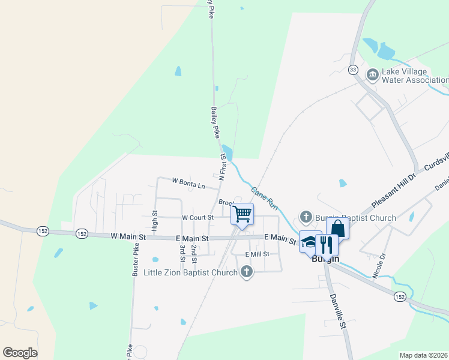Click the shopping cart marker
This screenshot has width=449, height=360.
243,214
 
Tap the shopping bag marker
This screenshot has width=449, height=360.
338,228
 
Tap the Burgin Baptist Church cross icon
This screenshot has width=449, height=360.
306,217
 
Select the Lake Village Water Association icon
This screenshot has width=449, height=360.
372,74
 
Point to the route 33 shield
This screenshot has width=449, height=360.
353,70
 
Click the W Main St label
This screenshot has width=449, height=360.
128,237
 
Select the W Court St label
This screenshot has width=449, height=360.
197,217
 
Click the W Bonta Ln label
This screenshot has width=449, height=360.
188,182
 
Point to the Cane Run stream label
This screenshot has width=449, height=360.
264,197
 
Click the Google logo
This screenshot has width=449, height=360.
20,353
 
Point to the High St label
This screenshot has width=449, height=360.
154,221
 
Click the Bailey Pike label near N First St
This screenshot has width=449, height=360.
214,122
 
